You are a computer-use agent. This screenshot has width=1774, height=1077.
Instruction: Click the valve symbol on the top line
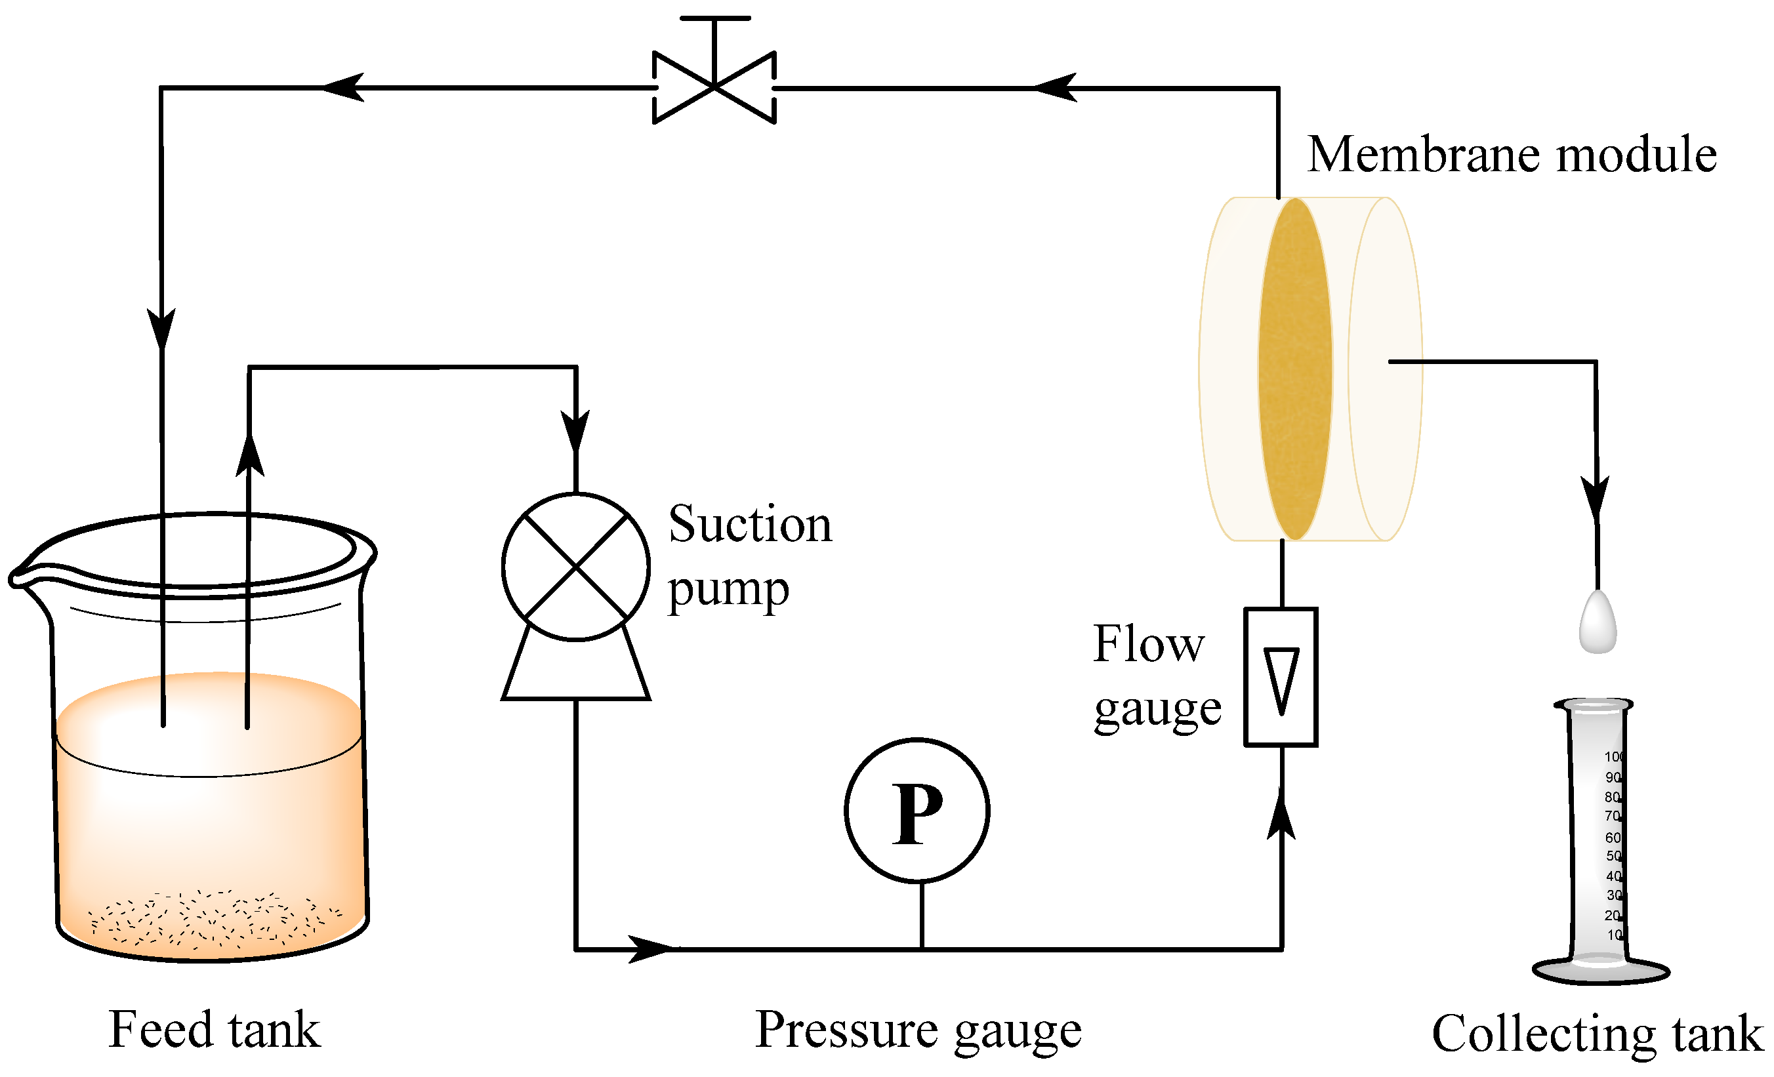coord(714,87)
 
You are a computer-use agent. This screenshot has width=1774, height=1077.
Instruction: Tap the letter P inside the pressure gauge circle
coord(917,814)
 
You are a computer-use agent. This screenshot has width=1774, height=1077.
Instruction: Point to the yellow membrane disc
coord(1294,369)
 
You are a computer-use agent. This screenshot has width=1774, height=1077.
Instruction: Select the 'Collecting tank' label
coord(1597,1033)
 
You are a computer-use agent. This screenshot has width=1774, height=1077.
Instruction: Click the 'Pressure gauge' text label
coord(917,1030)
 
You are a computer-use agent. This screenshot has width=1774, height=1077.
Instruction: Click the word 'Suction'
coord(749,523)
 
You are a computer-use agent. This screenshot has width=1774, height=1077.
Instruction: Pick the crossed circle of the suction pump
coord(575,567)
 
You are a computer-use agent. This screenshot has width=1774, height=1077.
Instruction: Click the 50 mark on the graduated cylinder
coord(1613,856)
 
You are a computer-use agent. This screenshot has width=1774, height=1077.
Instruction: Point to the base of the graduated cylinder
coord(1599,971)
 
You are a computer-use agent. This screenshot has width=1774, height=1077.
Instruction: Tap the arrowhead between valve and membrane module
coord(1055,87)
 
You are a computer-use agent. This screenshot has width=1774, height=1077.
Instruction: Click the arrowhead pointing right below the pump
coord(650,949)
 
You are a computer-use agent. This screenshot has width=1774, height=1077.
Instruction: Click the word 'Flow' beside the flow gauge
coord(1147,643)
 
